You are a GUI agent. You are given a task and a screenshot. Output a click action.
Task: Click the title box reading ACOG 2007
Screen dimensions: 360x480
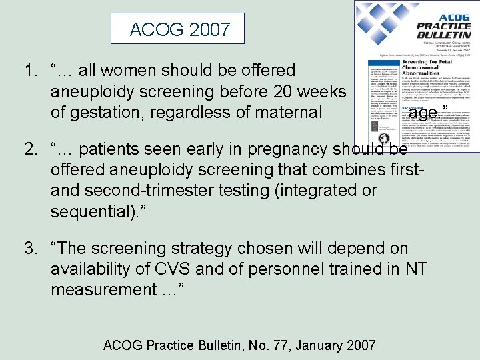[x=180, y=29]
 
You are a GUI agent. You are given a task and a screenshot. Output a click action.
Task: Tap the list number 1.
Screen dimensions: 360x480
[x=30, y=70]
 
